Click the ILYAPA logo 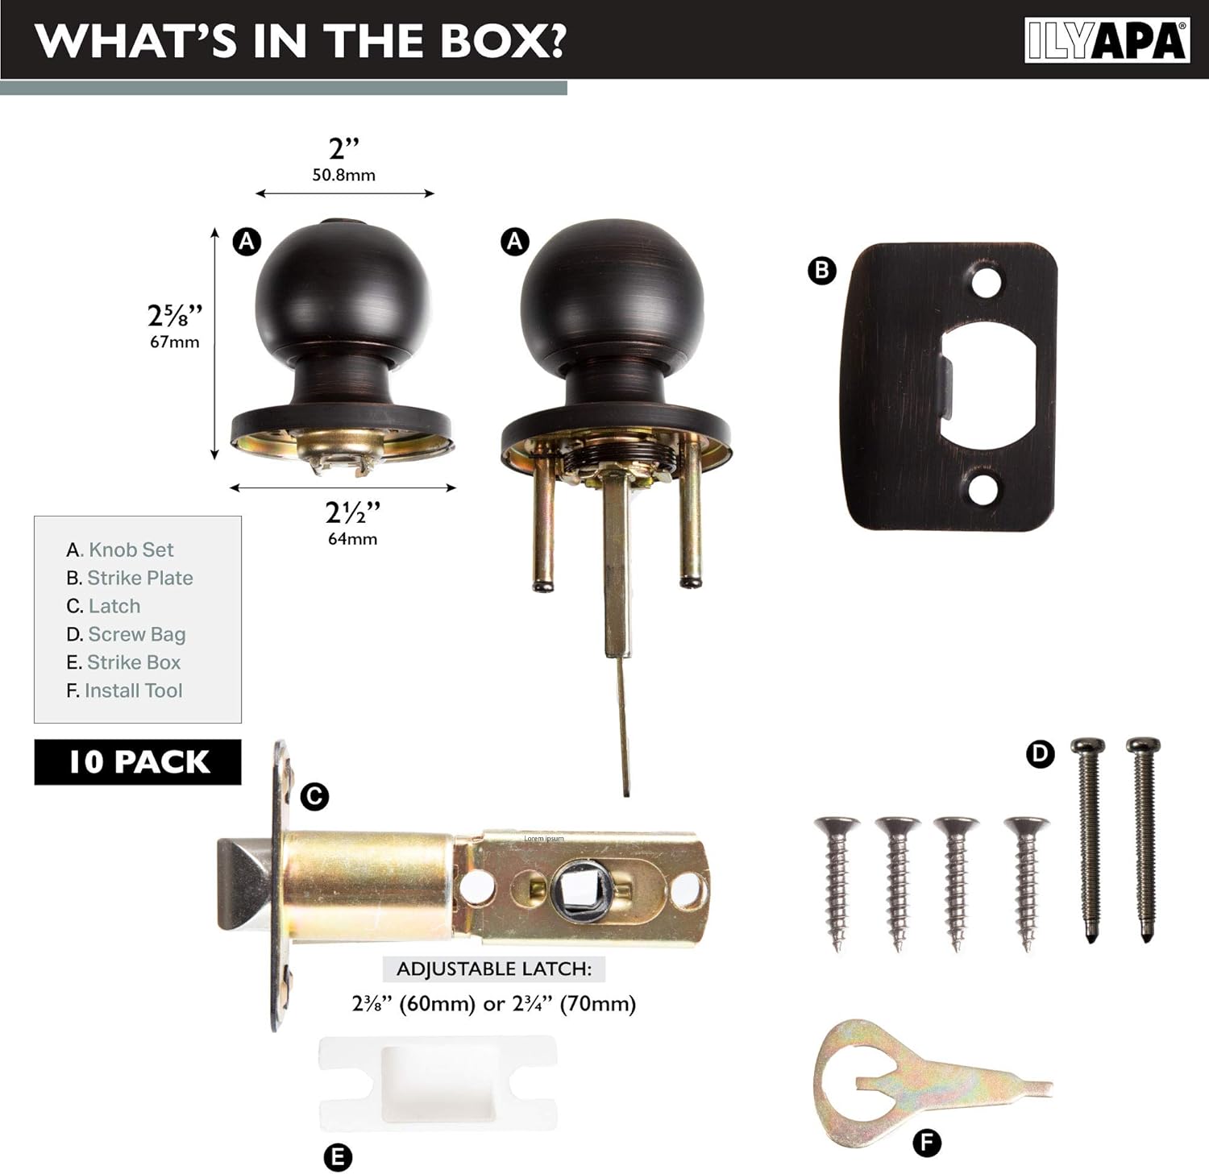[x=1107, y=40]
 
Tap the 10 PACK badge [x=138, y=761]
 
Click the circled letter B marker [x=821, y=270]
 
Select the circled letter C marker [x=314, y=797]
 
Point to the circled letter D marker [x=1040, y=754]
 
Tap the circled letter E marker [x=338, y=1158]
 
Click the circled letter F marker [x=927, y=1143]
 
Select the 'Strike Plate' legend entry [x=130, y=578]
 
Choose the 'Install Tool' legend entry [x=124, y=691]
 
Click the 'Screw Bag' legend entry [x=126, y=634]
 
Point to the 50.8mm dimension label [x=343, y=175]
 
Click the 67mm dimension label [x=174, y=342]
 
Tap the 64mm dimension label [x=352, y=539]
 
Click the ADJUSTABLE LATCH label [x=493, y=969]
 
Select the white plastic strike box [x=438, y=1082]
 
